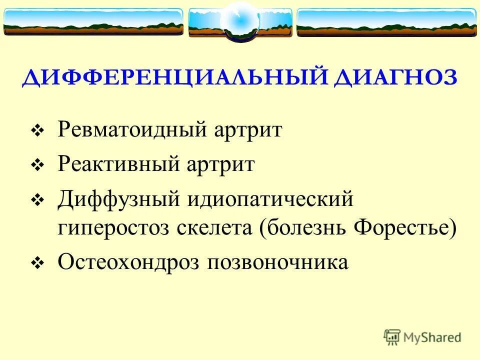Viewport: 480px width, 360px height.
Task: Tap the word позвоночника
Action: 277,262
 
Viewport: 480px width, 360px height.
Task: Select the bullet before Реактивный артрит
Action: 38,165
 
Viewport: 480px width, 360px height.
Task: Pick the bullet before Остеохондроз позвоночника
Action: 38,263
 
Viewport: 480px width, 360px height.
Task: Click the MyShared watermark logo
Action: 422,337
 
